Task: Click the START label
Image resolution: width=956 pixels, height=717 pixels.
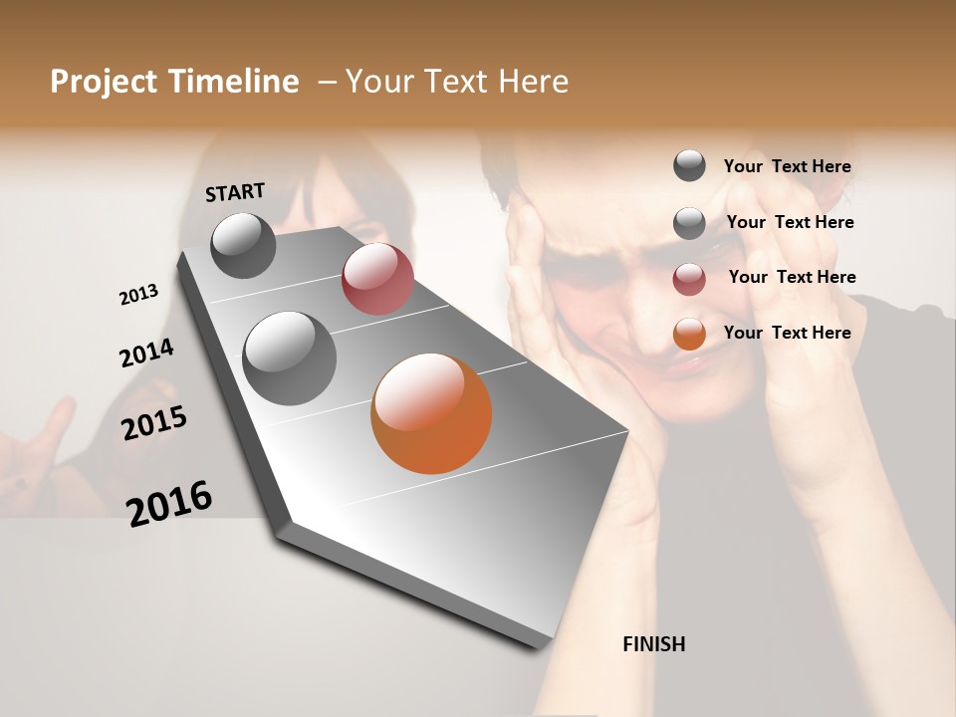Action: pos(235,192)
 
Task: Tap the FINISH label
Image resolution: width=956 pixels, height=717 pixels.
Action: pos(653,644)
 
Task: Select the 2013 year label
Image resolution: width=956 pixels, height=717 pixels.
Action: pos(139,295)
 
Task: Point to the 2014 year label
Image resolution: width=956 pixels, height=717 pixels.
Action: pos(146,354)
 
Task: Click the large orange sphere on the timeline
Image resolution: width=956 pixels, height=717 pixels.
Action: pos(431,413)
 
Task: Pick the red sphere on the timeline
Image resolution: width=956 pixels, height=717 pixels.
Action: pos(377,279)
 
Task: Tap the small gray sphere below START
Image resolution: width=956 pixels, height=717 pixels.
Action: pos(244,245)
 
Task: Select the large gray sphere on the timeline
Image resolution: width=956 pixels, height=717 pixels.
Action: pos(290,358)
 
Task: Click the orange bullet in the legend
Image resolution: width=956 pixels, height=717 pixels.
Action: pos(689,334)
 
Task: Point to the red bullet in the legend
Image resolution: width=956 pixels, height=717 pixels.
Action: pos(689,279)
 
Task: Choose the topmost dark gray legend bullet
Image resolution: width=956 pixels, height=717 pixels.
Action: pos(689,165)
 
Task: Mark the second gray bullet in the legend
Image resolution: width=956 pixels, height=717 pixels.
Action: pos(689,223)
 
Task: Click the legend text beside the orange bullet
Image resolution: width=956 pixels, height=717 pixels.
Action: pos(788,333)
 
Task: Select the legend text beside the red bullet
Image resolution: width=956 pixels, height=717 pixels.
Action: pos(793,277)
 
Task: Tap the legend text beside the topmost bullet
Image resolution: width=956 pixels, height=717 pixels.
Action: pos(788,166)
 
